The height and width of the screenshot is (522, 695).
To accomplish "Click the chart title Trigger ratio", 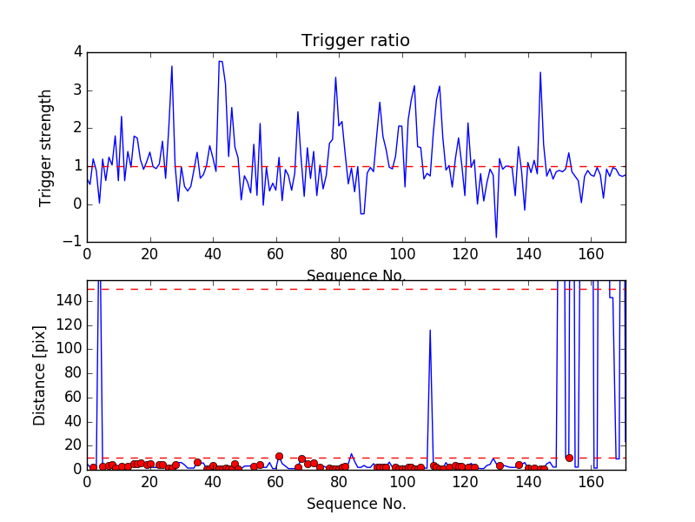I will tap(355, 41).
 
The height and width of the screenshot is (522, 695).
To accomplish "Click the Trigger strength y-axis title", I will tap(46, 148).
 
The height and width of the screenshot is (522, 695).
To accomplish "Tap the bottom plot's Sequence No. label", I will tap(356, 504).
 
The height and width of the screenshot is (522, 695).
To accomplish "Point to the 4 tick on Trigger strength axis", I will tap(77, 52).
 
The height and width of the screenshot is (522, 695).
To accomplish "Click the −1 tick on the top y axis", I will tap(75, 243).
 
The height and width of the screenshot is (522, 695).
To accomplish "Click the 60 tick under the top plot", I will tap(275, 256).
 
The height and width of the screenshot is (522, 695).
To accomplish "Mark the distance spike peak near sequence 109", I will tap(430, 330).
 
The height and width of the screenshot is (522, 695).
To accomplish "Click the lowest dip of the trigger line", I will tap(496, 237).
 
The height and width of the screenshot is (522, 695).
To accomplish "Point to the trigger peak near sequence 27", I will tap(172, 66).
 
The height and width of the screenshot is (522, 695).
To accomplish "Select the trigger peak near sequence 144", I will tap(540, 72).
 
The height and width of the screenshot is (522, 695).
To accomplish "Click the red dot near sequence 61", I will tap(279, 456).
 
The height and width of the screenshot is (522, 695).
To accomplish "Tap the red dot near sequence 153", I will tap(569, 458).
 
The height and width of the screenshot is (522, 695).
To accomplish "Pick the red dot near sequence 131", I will tap(500, 465).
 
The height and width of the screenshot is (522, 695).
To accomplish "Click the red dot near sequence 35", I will tap(197, 463).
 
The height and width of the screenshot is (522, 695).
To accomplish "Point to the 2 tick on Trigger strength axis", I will tap(77, 128).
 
